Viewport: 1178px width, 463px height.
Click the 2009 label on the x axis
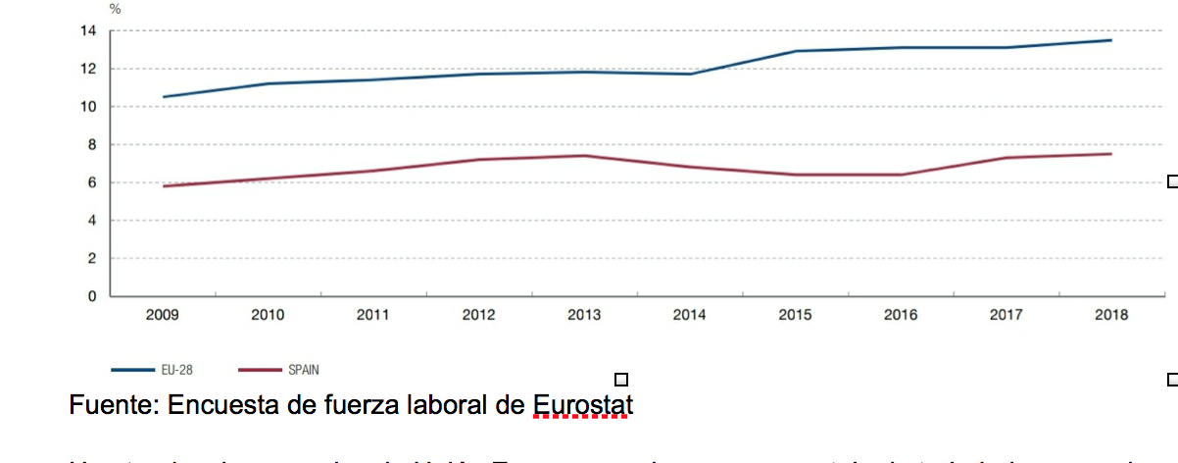click(162, 316)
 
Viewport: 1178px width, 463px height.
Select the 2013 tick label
click(584, 316)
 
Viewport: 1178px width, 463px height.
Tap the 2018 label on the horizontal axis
click(1111, 316)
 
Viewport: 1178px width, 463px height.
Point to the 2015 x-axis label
click(795, 316)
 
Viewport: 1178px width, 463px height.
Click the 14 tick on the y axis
click(88, 31)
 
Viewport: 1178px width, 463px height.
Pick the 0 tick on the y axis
click(93, 295)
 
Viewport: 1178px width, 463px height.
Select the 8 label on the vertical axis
click(93, 144)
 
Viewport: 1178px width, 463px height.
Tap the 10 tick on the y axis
click(88, 107)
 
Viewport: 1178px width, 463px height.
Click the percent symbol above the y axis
click(116, 9)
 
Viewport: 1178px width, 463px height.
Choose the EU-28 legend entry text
click(176, 371)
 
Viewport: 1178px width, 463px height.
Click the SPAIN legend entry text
click(303, 371)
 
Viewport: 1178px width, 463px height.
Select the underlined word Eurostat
click(583, 404)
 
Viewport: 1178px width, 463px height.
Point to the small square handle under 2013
click(620, 380)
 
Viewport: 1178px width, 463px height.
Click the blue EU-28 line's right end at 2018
click(1111, 40)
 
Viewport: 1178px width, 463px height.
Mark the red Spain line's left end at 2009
click(163, 186)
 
